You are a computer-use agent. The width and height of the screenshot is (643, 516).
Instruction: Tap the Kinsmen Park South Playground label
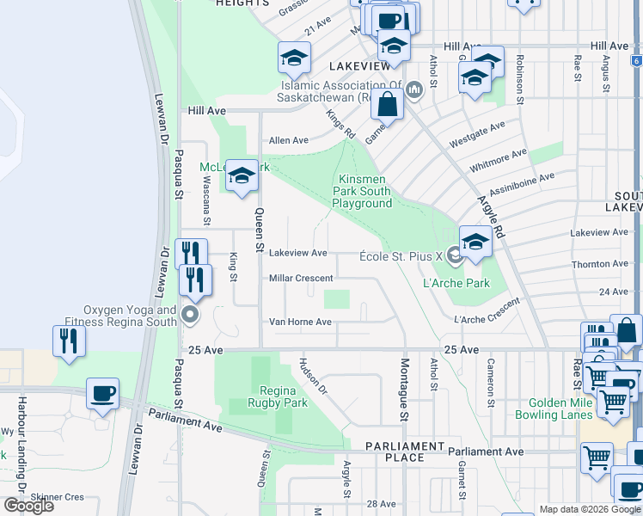[363, 191]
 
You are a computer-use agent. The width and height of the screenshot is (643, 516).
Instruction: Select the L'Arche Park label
[456, 283]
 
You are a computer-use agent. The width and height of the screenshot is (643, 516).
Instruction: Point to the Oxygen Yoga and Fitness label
[131, 316]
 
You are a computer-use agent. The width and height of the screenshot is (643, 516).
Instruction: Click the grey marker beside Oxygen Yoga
[191, 316]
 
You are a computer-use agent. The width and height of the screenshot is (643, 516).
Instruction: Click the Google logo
[28, 506]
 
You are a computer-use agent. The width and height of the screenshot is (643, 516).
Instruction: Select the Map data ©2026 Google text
[590, 509]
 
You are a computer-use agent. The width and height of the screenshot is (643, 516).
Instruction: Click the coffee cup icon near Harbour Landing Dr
[102, 394]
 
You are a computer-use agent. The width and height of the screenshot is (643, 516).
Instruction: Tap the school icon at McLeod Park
[242, 177]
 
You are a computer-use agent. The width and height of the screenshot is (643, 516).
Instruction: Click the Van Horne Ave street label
[300, 322]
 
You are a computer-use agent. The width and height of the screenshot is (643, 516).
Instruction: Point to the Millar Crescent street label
[300, 279]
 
